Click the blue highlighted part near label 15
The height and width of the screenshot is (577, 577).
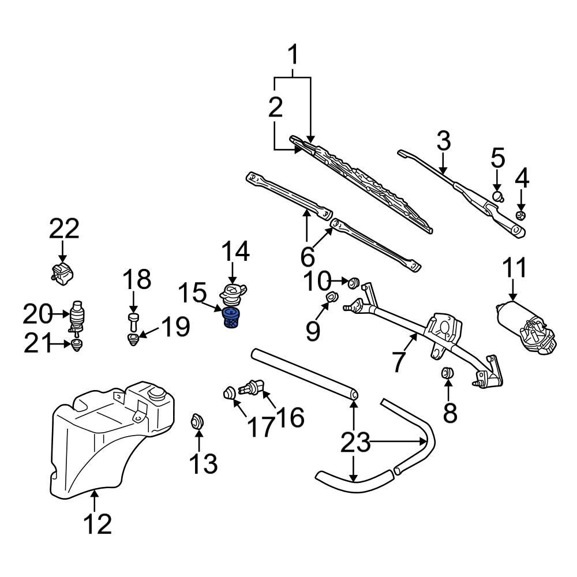click(230, 319)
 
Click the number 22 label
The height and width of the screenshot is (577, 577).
click(63, 229)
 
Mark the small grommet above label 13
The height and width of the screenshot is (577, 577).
click(197, 421)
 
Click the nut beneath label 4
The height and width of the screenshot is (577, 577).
click(520, 216)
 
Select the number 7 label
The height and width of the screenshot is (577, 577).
click(399, 361)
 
